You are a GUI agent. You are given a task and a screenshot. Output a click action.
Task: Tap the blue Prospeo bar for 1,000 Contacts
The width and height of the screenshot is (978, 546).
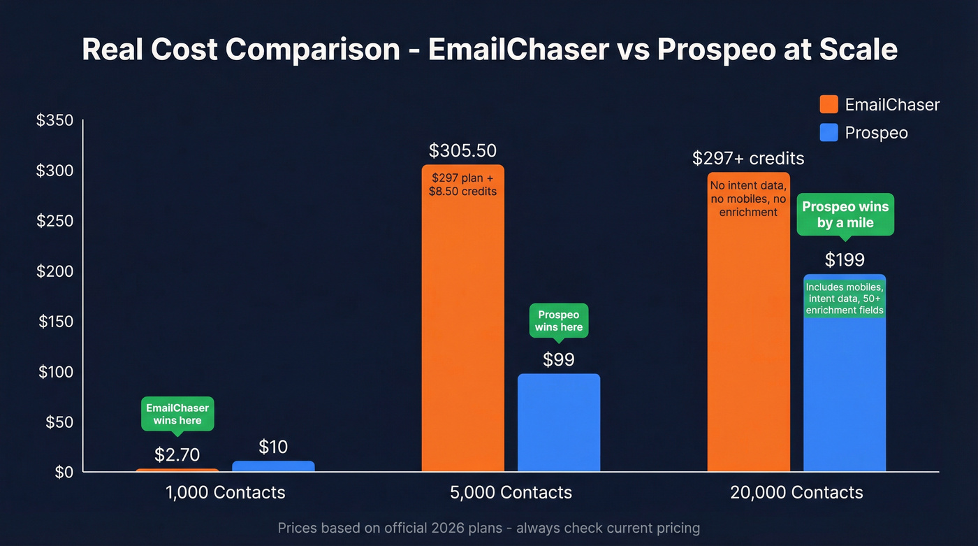pyautogui.click(x=273, y=466)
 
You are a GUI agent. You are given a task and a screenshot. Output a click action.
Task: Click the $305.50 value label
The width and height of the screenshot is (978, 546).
pyautogui.click(x=462, y=151)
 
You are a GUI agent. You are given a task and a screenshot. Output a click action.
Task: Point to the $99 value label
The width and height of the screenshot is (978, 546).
pyautogui.click(x=559, y=359)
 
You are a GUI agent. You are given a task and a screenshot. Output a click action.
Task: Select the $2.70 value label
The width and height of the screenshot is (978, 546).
pyautogui.click(x=177, y=455)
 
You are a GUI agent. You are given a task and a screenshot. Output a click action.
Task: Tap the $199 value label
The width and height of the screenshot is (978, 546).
pyautogui.click(x=845, y=260)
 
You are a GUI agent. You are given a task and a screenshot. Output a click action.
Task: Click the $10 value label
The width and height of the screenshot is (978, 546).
pyautogui.click(x=273, y=447)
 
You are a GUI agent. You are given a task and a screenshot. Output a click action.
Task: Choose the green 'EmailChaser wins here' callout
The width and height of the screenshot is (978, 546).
pyautogui.click(x=177, y=414)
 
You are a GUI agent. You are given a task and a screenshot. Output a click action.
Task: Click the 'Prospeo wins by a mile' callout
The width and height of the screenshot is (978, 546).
pyautogui.click(x=845, y=215)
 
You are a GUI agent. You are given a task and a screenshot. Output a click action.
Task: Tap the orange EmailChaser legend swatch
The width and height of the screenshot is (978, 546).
pyautogui.click(x=829, y=105)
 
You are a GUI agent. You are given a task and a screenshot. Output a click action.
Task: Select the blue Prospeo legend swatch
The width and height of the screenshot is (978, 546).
pyautogui.click(x=829, y=132)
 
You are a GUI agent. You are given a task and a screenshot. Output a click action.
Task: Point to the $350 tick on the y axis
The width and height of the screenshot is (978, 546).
pyautogui.click(x=55, y=121)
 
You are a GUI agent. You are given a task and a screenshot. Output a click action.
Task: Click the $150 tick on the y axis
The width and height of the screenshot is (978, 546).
pyautogui.click(x=55, y=322)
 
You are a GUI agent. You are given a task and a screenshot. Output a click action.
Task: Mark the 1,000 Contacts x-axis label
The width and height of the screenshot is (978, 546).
pyautogui.click(x=226, y=492)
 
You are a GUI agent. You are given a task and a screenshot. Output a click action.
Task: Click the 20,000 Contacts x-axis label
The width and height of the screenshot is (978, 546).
pyautogui.click(x=796, y=492)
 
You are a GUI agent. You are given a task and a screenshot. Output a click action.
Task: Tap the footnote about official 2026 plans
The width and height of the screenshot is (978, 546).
pyautogui.click(x=488, y=528)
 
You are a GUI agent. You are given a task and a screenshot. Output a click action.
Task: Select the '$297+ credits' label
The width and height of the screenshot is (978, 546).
pyautogui.click(x=748, y=159)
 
